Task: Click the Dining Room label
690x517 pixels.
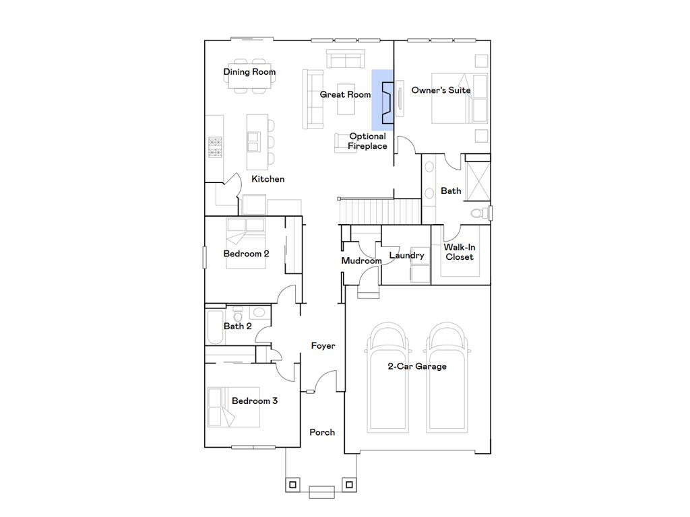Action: coord(249,72)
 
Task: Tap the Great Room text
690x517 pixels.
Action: coord(345,95)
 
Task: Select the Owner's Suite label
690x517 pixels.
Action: coord(441,90)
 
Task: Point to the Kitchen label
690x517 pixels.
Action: coord(268,179)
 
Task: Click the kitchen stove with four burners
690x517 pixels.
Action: coord(215,146)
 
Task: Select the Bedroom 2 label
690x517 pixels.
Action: coord(246,254)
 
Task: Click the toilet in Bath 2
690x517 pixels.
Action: coord(238,314)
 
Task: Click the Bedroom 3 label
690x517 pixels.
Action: coord(254,401)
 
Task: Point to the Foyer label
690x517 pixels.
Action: coord(323,346)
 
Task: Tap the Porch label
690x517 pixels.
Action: coord(321,432)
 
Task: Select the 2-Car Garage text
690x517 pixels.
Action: coord(416,366)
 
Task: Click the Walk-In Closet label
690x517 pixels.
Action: coord(459,252)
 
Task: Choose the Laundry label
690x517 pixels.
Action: coord(406,256)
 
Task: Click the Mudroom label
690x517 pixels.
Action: coord(361,261)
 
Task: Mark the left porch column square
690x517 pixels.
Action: coord(292,483)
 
